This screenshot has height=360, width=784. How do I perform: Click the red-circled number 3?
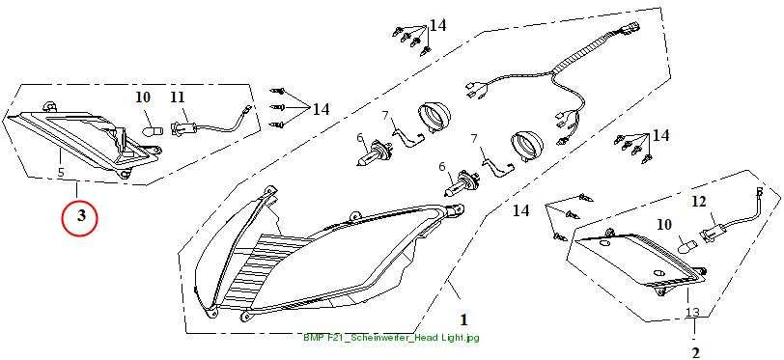coord(79,215)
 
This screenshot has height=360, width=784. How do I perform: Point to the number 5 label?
coord(61,173)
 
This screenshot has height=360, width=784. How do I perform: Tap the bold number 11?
coord(178,97)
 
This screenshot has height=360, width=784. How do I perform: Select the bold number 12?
coord(700,202)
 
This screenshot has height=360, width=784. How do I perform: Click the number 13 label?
coord(692,313)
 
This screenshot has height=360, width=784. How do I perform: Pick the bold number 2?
coord(695,352)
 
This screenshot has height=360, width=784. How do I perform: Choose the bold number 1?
coord(463,319)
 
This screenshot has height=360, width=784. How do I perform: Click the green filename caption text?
coord(391,338)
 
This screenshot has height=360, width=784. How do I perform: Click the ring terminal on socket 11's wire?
coord(247,105)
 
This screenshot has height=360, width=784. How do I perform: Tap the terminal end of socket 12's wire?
coord(759,191)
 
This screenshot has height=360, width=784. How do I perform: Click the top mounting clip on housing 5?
coord(50,105)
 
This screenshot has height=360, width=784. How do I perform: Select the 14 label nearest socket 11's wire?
coord(321,109)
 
